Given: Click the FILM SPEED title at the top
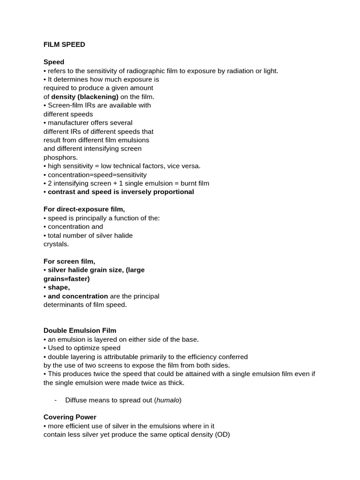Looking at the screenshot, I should tap(64, 45).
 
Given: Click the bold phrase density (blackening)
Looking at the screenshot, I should tap(85, 97).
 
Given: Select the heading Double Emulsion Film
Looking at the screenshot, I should tap(80, 330).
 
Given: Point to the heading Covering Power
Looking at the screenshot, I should tap(70, 417).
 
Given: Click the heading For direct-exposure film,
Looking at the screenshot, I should tap(84, 209).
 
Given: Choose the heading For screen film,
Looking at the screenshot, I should tap(69, 261).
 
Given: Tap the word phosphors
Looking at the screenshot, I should tap(60, 157).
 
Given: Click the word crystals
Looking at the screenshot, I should tap(56, 244).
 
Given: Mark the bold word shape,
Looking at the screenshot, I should tap(59, 287).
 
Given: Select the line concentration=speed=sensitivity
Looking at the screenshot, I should tap(97, 175).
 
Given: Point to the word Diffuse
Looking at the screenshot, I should tap(76, 400).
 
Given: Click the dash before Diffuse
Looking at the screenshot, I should tap(56, 400).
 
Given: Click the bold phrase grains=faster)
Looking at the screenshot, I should tap(67, 278).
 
